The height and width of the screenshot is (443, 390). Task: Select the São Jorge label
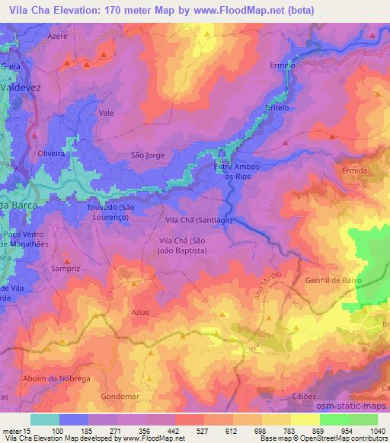point(148,155)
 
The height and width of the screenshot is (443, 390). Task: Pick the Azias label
point(137,313)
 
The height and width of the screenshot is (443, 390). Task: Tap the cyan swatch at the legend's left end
point(44,419)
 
